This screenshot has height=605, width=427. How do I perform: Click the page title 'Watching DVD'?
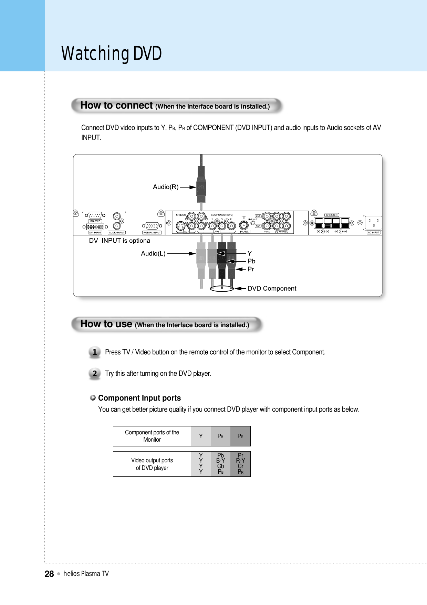[x=111, y=54]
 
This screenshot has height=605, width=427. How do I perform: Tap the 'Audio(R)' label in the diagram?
[x=166, y=187]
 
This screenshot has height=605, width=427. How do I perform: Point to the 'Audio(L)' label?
[x=153, y=253]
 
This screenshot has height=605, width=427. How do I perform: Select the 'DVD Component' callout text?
[x=272, y=289]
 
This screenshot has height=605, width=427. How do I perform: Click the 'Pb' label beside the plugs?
[x=251, y=261]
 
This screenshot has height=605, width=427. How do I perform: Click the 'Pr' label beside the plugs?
[x=251, y=269]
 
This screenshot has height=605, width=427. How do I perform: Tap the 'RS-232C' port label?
[x=95, y=221]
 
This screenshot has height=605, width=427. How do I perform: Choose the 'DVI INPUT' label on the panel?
[x=95, y=232]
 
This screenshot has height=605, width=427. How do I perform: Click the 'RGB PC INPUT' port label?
[x=152, y=232]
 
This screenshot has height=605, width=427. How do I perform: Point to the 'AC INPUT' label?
[x=373, y=232]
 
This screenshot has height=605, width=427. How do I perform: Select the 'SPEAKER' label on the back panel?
[x=332, y=215]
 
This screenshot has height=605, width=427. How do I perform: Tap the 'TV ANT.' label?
[x=244, y=232]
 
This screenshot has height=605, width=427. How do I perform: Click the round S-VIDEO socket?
[x=180, y=226]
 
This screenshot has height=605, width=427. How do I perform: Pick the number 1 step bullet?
[x=95, y=352]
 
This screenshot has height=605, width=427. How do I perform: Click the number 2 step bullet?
[x=95, y=373]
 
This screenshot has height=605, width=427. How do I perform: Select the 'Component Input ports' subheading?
[x=139, y=398]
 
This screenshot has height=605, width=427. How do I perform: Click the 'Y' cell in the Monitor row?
[x=201, y=436]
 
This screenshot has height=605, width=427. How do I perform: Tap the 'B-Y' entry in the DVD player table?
[x=220, y=461]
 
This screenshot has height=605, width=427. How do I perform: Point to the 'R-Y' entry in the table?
[x=240, y=461]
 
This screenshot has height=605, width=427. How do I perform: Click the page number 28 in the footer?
[x=49, y=574]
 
